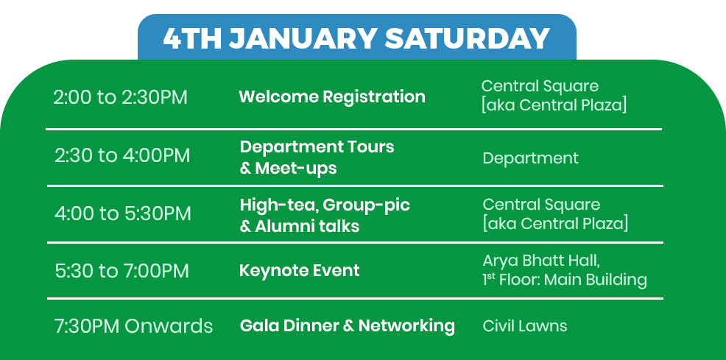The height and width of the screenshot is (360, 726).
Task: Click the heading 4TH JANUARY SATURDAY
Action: [x=356, y=38]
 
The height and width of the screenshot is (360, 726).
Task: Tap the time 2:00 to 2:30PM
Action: [x=120, y=98]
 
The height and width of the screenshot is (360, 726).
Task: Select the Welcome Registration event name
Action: [x=332, y=96]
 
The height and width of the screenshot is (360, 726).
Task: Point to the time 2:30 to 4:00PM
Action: [x=122, y=155]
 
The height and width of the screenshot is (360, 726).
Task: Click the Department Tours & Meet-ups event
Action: [x=317, y=158]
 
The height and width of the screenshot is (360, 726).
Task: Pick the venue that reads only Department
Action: [x=530, y=158]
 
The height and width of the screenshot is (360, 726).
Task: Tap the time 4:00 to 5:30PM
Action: [x=123, y=213]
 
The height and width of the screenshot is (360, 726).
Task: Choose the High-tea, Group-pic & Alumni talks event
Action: [x=325, y=215]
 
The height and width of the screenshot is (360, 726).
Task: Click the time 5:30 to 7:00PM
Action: [x=121, y=271]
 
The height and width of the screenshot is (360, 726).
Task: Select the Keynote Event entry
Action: [x=299, y=270]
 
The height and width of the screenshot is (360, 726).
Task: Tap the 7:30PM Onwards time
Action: [x=133, y=326]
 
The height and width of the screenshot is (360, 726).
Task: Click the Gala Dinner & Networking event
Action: [x=348, y=325]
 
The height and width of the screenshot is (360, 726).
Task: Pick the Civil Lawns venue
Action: [x=524, y=325]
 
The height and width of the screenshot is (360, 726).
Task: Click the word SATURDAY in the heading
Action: [x=467, y=38]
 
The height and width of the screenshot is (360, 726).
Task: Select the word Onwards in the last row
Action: [x=169, y=326]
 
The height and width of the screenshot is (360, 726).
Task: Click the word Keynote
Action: [x=272, y=270]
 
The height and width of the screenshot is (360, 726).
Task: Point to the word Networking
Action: [x=406, y=325]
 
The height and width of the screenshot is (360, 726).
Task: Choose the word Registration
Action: [x=373, y=96]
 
